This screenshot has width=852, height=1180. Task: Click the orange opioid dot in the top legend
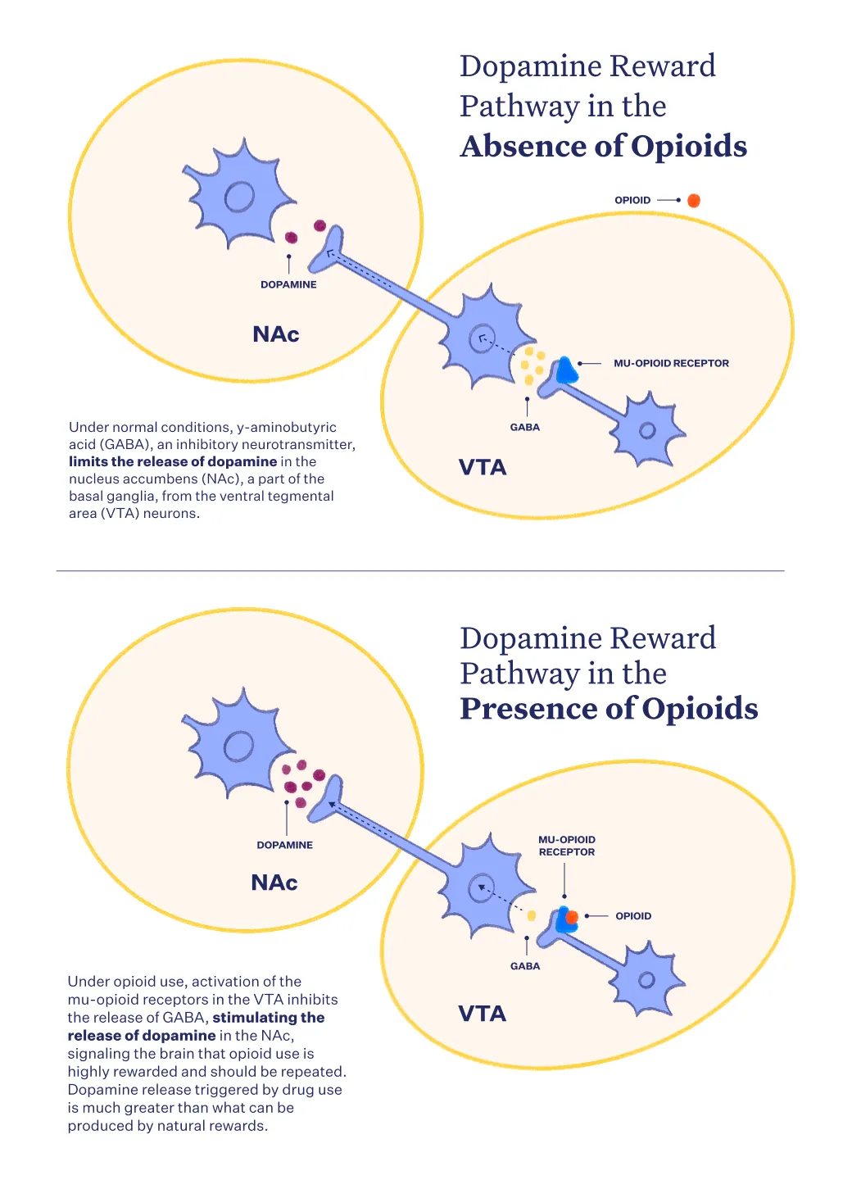(x=694, y=200)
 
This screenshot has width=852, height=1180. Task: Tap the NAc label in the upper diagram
(x=275, y=334)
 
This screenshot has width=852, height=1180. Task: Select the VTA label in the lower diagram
(x=482, y=1013)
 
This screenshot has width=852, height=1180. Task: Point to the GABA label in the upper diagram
(x=524, y=427)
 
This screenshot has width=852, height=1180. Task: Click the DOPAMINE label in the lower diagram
(x=284, y=845)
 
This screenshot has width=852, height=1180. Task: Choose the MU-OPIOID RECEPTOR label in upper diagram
(x=671, y=363)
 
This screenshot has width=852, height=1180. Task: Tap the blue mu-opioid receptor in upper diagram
(x=566, y=370)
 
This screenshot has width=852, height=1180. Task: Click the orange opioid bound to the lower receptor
(x=571, y=918)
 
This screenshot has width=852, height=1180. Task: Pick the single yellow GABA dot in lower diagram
(x=532, y=915)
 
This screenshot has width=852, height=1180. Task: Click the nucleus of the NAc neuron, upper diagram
(x=239, y=197)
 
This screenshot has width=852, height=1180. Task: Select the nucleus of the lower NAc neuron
(x=238, y=746)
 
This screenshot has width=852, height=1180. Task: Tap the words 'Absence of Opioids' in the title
(x=604, y=146)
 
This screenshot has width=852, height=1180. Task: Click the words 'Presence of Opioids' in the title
(x=610, y=708)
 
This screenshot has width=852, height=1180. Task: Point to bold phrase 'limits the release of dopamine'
(x=173, y=461)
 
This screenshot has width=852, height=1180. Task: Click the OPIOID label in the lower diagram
(x=633, y=916)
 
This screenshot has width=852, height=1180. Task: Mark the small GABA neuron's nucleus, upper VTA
(x=647, y=430)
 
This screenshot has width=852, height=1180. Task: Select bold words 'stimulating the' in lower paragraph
(x=269, y=1017)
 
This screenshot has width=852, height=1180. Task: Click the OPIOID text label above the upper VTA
(x=632, y=200)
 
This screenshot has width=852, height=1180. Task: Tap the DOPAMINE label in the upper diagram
(x=288, y=284)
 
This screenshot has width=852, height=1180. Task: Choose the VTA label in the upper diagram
(x=483, y=467)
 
